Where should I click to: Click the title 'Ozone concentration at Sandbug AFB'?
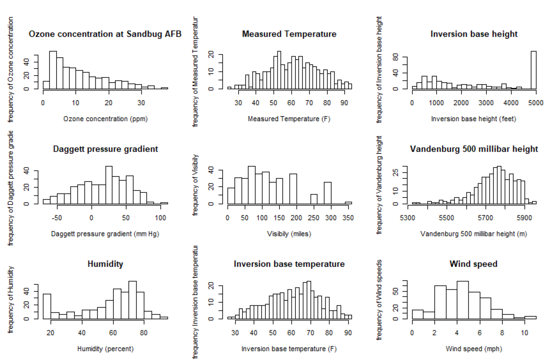coord(105,34)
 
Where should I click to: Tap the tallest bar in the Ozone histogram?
coord(53,70)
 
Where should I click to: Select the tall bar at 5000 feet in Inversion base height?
coord(533,70)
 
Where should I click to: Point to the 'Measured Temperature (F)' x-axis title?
coord(289,119)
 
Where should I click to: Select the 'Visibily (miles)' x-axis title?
coord(289,234)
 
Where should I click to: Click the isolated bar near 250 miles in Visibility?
coord(314,199)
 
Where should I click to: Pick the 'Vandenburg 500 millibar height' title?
coord(474,149)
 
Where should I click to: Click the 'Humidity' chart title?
coord(105,264)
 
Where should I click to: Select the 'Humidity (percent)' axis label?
coord(105,349)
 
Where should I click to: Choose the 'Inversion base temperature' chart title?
coord(289,264)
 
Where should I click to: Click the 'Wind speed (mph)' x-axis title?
coord(474,349)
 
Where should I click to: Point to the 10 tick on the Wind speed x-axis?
coord(524,333)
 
